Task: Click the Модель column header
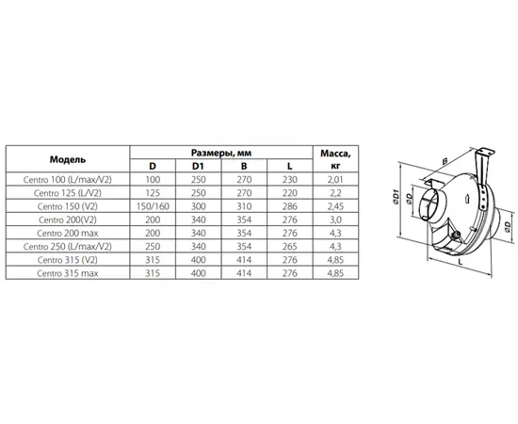click(x=68, y=159)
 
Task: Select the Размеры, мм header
click(x=221, y=153)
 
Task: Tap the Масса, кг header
click(x=335, y=159)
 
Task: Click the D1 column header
click(x=198, y=166)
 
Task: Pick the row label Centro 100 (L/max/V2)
click(x=68, y=179)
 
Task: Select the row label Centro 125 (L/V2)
click(x=68, y=193)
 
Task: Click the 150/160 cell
click(x=153, y=206)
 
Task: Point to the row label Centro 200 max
click(x=68, y=234)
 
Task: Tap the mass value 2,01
click(x=335, y=180)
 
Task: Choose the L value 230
click(x=290, y=180)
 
